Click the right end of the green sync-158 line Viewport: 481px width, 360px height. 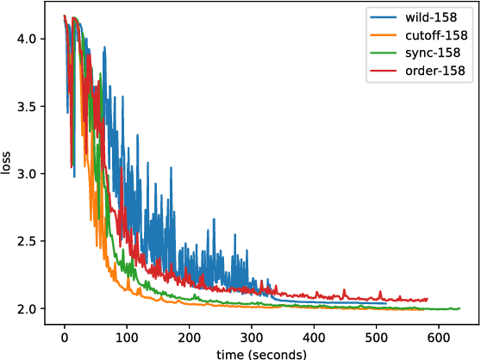pyautogui.click(x=459, y=307)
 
